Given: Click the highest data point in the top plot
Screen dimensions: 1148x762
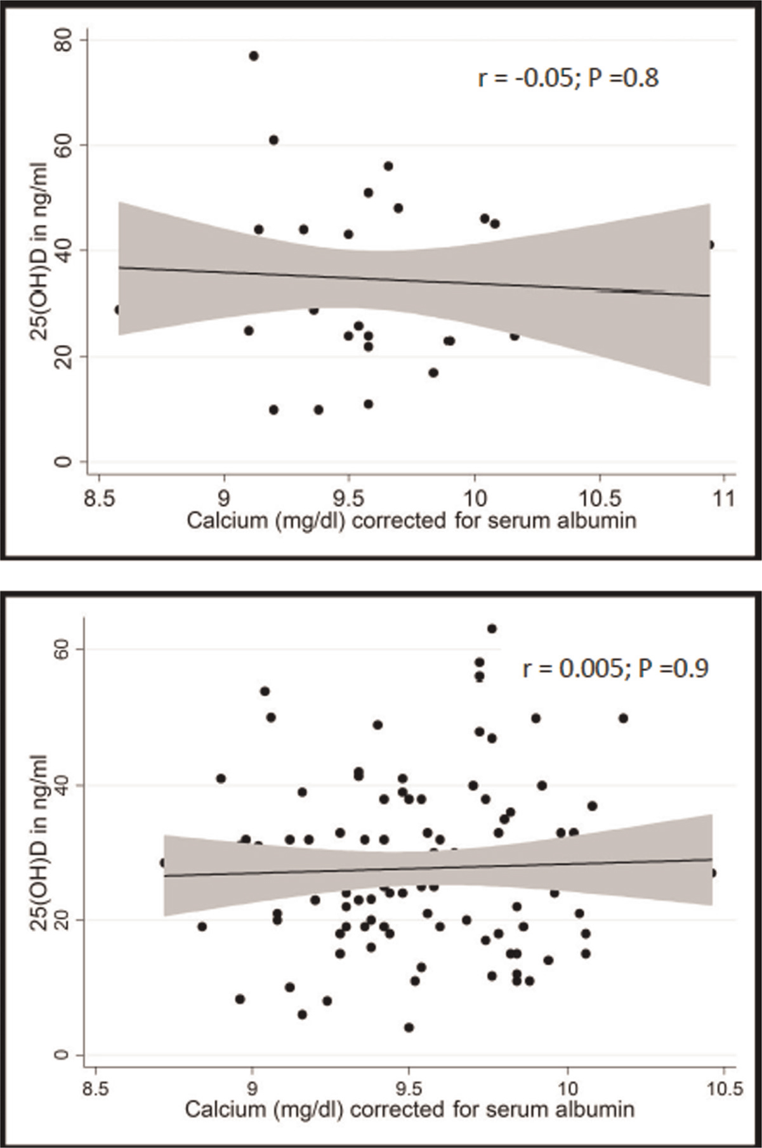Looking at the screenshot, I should (x=254, y=56).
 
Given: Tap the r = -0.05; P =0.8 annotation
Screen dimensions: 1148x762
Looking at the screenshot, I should (x=568, y=79).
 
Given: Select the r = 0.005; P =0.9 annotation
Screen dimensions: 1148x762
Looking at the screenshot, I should (x=615, y=669).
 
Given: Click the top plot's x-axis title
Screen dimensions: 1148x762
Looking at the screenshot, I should (x=411, y=521).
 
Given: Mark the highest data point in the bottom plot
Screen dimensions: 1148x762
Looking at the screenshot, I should (x=492, y=629).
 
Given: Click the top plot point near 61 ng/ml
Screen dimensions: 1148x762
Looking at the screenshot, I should (x=273, y=140).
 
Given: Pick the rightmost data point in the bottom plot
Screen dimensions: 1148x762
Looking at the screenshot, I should (x=713, y=873).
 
